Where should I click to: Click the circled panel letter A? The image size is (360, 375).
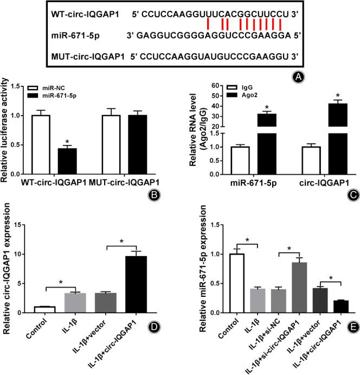pos(297,78)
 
